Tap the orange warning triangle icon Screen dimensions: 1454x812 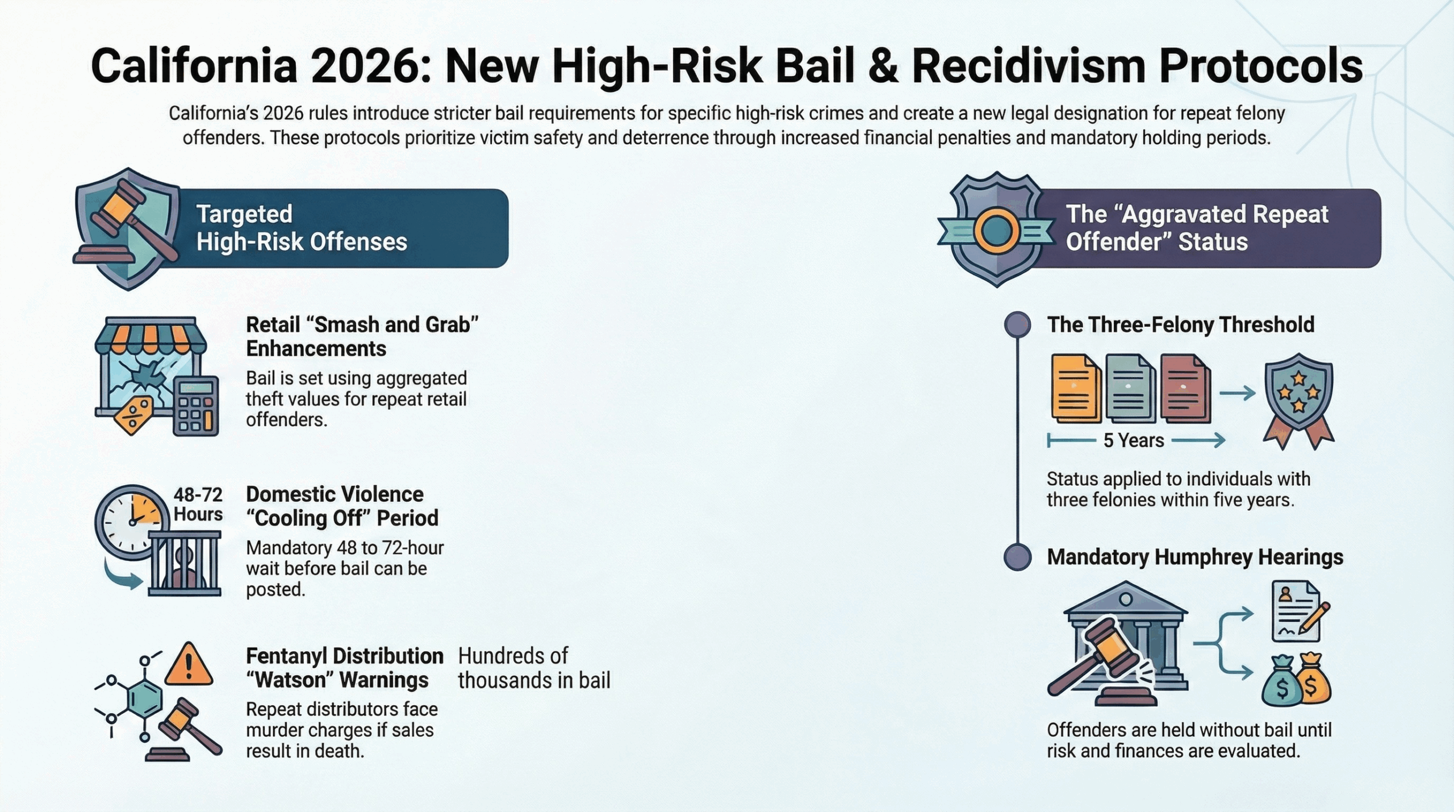pyautogui.click(x=189, y=664)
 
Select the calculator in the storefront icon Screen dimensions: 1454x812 pyautogui.click(x=195, y=405)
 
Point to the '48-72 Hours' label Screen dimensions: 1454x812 pyautogui.click(x=198, y=504)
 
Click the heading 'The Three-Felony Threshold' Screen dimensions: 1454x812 pyautogui.click(x=1181, y=324)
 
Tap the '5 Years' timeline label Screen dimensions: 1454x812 pyautogui.click(x=1134, y=440)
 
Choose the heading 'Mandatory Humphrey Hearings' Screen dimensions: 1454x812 pyautogui.click(x=1195, y=557)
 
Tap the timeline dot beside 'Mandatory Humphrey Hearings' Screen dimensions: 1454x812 pyautogui.click(x=1017, y=557)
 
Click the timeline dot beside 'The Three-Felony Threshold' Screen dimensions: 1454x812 pyautogui.click(x=1017, y=324)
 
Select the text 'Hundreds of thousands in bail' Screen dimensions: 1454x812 pyautogui.click(x=534, y=668)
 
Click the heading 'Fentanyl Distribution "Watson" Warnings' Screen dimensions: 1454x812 pyautogui.click(x=345, y=668)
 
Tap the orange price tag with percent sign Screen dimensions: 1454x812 pyautogui.click(x=133, y=415)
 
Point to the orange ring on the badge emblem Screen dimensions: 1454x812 pyautogui.click(x=996, y=230)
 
